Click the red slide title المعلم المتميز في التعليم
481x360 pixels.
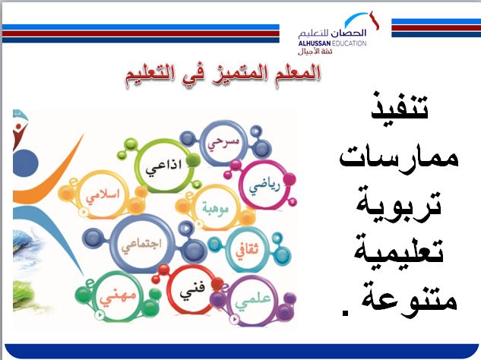coord(222,74)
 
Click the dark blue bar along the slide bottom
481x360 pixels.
coord(240,351)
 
